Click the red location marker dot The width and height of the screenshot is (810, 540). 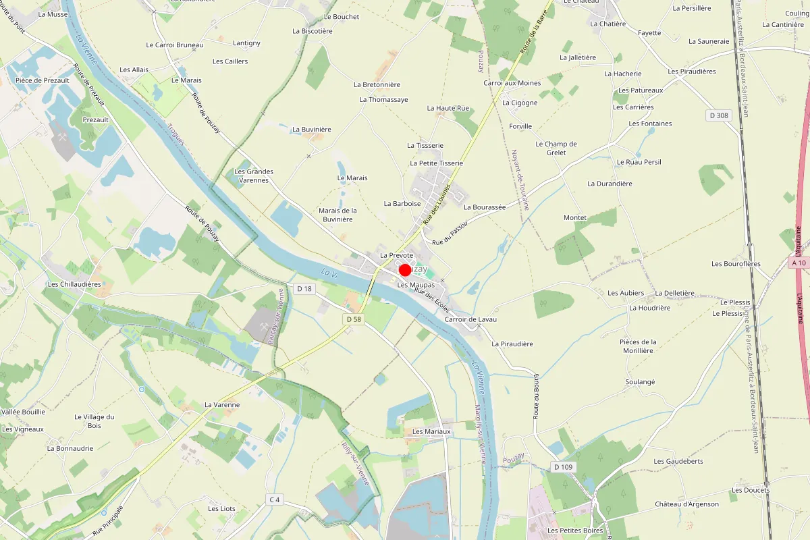coord(405,270)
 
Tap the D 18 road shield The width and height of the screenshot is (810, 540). coord(305,289)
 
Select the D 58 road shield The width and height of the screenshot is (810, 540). coord(353,319)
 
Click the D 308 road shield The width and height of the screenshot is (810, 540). coord(720,115)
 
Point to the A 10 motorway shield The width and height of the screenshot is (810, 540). coord(799,263)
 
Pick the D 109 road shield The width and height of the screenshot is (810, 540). coord(562,467)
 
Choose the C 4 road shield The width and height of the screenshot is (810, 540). coord(273,500)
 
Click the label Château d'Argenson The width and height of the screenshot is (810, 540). coord(686,504)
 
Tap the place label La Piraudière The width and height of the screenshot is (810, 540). coord(512,344)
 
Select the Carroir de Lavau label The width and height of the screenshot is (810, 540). coord(476,319)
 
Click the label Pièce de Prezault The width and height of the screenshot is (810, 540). coord(42,80)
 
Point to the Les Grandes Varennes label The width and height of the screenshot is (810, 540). coord(254,175)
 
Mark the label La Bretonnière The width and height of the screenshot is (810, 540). coord(377,85)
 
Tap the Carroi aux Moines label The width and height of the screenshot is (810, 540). coord(512,83)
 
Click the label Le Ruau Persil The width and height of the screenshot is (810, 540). coord(639,163)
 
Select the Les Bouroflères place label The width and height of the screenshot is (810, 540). coord(736,264)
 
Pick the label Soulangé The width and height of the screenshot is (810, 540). coord(640,382)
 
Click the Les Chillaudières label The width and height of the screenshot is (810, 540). coord(74,284)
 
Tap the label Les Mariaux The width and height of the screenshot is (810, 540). coord(431,431)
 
